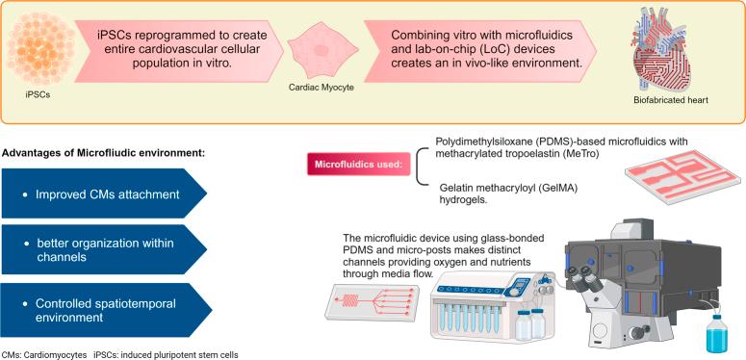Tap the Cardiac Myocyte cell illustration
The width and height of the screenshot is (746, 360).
click(x=318, y=56)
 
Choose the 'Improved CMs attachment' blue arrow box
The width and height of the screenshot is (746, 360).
click(x=101, y=195)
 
